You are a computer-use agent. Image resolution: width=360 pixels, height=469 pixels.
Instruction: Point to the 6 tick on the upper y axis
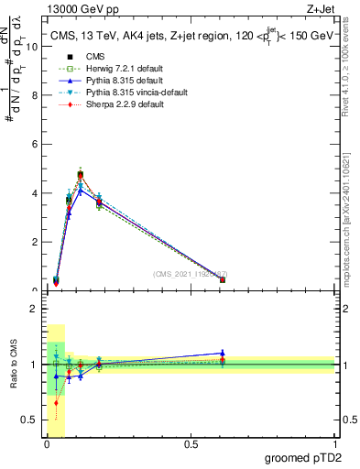35,145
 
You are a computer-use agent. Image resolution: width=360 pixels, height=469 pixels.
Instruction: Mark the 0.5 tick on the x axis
191,445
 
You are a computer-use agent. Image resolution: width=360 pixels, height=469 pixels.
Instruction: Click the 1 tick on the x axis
334,445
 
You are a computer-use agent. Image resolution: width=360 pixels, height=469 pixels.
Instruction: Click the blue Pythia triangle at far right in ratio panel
223,353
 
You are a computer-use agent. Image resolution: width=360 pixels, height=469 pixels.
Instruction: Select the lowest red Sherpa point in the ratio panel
56,402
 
